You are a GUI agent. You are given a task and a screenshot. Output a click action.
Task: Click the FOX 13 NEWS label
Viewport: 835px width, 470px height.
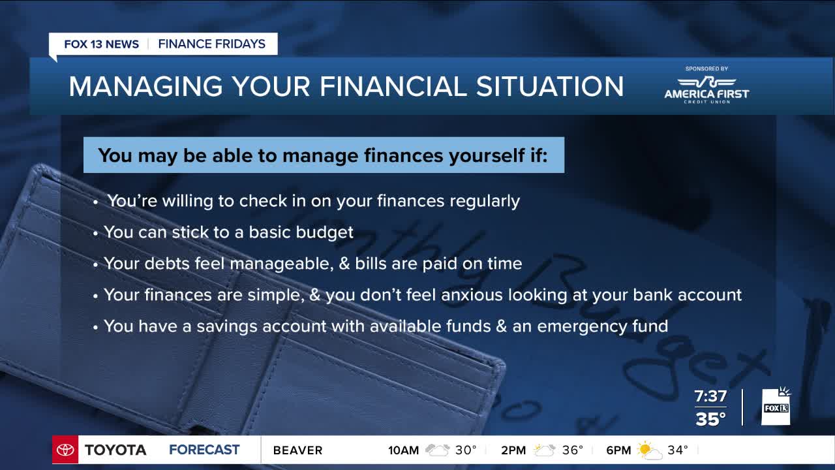[101, 44]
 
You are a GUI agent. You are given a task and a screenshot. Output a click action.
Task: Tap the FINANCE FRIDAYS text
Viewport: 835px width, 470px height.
[212, 44]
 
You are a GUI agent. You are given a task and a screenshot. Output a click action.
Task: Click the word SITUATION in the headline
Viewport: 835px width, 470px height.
[550, 86]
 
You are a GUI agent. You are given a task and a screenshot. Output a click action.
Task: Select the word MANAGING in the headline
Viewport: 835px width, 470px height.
[145, 86]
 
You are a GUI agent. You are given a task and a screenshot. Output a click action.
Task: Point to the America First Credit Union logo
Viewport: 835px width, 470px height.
[706, 90]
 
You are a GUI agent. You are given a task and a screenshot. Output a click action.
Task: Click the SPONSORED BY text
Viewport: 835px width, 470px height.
[706, 69]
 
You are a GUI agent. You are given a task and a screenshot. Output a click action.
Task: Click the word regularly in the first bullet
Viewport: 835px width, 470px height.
[485, 202]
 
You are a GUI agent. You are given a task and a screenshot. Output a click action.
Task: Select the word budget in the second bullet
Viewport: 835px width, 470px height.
[324, 232]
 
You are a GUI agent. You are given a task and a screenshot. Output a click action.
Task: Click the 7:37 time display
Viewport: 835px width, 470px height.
[710, 396]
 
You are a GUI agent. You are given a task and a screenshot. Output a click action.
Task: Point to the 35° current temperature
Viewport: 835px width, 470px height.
[710, 419]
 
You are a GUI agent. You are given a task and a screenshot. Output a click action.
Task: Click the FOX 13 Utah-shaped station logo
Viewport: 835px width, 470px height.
[776, 406]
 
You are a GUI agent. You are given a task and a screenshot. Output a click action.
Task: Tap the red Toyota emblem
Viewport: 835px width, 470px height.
[65, 450]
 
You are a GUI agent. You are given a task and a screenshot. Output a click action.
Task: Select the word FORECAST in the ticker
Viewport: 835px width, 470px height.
[204, 450]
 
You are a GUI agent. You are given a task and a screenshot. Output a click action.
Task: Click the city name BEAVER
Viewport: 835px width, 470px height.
[298, 450]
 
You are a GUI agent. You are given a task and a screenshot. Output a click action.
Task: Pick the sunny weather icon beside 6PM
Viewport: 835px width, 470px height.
[649, 450]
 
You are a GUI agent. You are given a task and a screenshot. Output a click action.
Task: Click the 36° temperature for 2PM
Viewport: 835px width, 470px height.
[573, 450]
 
